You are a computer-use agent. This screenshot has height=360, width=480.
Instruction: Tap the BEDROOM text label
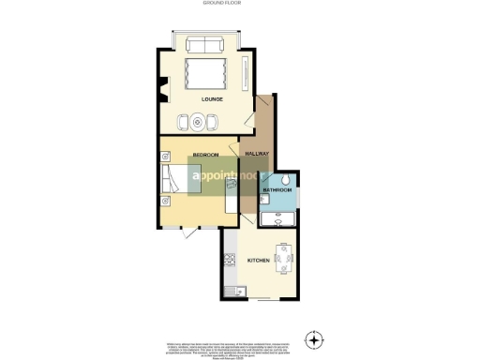[205, 153]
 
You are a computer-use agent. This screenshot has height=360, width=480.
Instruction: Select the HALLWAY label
[257, 153]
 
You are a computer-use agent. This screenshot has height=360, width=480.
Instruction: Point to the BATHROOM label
[277, 190]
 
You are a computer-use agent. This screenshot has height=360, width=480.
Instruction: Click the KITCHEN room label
[259, 260]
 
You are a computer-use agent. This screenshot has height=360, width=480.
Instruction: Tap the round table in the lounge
[200, 120]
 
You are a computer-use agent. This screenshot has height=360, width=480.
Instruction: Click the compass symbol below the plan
[314, 337]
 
